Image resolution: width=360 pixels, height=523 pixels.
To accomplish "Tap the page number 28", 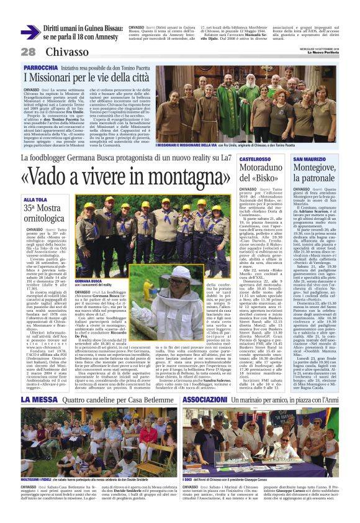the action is (x=29, y=52).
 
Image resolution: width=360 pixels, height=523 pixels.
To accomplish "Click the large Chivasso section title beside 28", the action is (x=67, y=52).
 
